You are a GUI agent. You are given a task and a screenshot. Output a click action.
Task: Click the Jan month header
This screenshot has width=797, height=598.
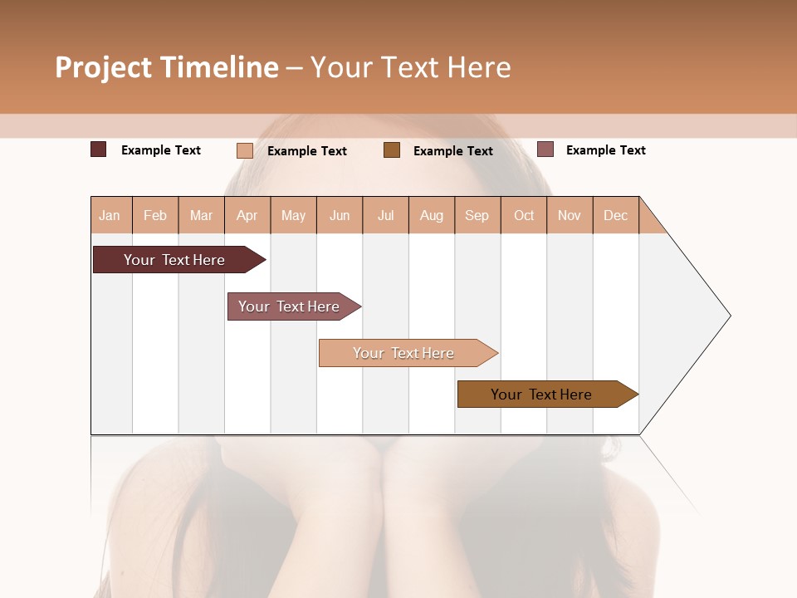(x=110, y=215)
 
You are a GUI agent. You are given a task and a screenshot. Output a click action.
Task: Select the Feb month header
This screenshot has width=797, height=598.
(x=155, y=215)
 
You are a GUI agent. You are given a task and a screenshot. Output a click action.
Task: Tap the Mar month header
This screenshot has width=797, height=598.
(x=201, y=215)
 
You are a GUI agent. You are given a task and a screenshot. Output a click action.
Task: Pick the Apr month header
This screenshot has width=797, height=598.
(x=247, y=215)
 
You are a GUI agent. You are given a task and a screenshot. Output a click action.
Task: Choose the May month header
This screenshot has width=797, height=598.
(x=293, y=215)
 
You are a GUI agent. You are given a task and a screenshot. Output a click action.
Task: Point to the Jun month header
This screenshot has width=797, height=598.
(x=340, y=215)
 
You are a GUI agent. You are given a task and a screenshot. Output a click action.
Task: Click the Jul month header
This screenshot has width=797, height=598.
(x=385, y=215)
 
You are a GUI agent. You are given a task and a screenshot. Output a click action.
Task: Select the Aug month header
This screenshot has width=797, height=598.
(x=432, y=215)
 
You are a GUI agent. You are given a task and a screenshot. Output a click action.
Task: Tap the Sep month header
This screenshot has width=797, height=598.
(x=477, y=215)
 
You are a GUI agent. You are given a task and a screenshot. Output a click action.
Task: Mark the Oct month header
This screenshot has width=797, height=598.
(x=524, y=215)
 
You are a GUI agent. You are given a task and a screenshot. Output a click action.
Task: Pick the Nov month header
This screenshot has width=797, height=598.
(x=570, y=215)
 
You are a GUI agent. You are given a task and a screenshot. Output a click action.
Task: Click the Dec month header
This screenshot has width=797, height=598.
(x=615, y=215)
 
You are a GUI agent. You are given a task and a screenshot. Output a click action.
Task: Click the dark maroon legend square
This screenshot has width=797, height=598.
(x=99, y=149)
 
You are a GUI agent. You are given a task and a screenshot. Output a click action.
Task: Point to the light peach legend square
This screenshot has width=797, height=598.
(x=245, y=150)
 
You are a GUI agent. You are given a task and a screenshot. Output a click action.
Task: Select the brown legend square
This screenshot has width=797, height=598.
(x=392, y=149)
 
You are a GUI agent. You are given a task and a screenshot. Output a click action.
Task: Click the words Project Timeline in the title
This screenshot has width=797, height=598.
(x=167, y=67)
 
